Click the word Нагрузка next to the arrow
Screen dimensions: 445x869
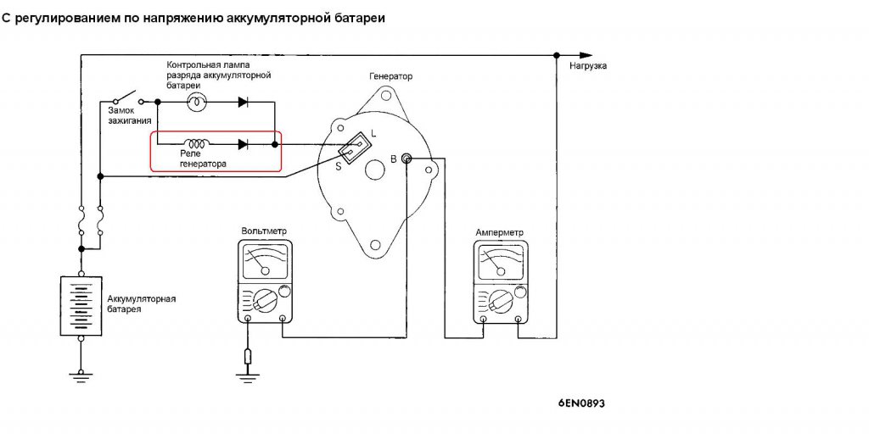coord(588,65)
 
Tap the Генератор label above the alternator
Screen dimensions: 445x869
coord(390,76)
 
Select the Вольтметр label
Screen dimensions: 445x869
coord(264,231)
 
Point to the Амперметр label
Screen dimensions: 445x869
coord(500,232)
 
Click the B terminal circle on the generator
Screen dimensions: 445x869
coord(406,159)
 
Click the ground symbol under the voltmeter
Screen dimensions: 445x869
coord(248,370)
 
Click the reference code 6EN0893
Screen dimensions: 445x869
coord(581,404)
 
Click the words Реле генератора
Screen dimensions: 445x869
coord(203,159)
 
